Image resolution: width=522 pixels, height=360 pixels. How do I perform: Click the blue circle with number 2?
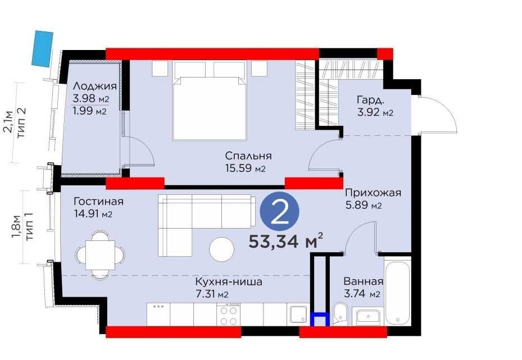pos(280,211)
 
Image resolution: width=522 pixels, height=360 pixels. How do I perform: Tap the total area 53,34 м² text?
pos(285,241)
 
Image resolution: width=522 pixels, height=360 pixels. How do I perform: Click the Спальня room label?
pos(248,156)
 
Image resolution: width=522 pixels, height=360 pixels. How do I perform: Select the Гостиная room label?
pos(98,201)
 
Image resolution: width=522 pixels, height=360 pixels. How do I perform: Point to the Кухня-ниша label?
pos(229,282)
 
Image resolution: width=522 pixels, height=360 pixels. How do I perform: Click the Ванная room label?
pos(364,281)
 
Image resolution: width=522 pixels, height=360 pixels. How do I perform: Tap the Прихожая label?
pos(373,193)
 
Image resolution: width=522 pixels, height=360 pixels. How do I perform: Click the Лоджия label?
pos(95,86)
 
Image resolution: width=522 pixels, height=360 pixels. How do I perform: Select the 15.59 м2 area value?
pos(246,168)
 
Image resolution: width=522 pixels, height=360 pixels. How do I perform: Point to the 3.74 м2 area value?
pos(362,294)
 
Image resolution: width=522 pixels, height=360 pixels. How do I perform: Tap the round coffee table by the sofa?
pos(222,249)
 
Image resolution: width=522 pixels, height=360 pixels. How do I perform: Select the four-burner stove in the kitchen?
pos(229,315)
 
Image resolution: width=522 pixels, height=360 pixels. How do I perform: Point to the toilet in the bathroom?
pos(341,313)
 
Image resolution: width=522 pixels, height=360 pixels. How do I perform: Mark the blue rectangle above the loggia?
pos(43,48)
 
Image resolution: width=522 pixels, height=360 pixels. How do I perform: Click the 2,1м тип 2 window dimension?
pos(15,122)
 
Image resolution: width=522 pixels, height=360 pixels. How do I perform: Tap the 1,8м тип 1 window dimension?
pos(22,227)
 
